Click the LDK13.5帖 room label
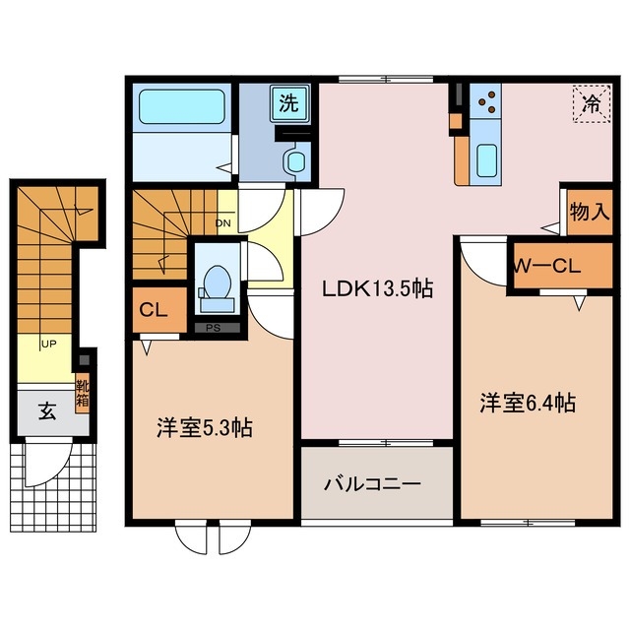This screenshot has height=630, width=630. point(376,288)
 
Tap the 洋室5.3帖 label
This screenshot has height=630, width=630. point(204,428)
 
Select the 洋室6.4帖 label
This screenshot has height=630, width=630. point(528,402)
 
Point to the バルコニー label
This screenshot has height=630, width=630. point(373,484)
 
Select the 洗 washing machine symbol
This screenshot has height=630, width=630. point(289,102)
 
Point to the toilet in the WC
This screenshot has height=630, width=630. point(214,280)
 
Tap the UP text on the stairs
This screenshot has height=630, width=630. point(47,344)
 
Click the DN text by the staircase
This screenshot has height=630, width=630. point(223,222)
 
